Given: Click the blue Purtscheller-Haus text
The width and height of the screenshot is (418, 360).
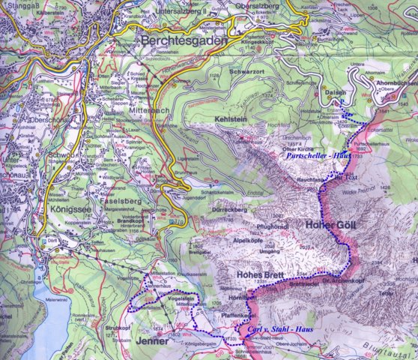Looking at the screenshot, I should (x=309, y=154).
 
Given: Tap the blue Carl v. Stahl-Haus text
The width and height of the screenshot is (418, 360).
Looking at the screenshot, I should (x=280, y=330).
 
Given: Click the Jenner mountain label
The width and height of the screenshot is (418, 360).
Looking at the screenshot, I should (x=154, y=342).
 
